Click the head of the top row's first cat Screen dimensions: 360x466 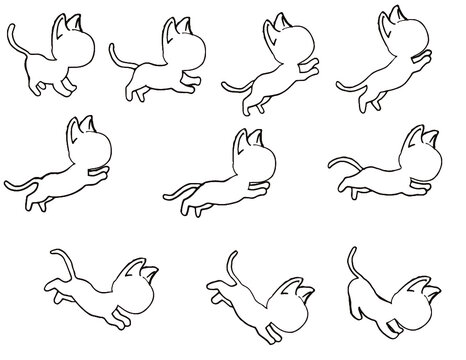tap(75, 40)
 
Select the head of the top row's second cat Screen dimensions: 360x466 tap(180, 40)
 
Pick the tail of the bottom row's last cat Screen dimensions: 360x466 tap(352, 262)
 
